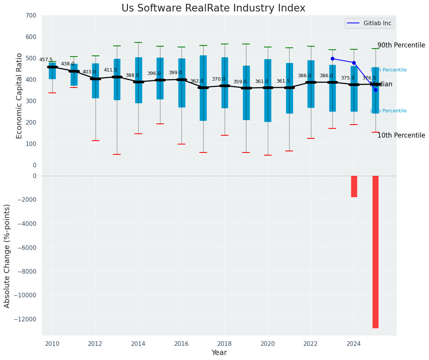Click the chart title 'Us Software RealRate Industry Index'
(213, 8)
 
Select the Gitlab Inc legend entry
(369, 23)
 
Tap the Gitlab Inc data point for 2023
(332, 59)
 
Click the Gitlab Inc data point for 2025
(376, 90)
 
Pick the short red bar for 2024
(354, 186)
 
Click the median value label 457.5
(46, 60)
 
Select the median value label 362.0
(197, 81)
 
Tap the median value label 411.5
(110, 70)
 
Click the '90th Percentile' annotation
(401, 45)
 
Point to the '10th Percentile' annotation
(401, 136)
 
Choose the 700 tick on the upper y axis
(31, 16)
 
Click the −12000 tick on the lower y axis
(26, 319)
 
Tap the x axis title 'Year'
(219, 353)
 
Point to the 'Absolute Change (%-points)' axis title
(7, 256)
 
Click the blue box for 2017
(203, 88)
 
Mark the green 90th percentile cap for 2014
(138, 42)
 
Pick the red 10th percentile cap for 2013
(117, 154)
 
